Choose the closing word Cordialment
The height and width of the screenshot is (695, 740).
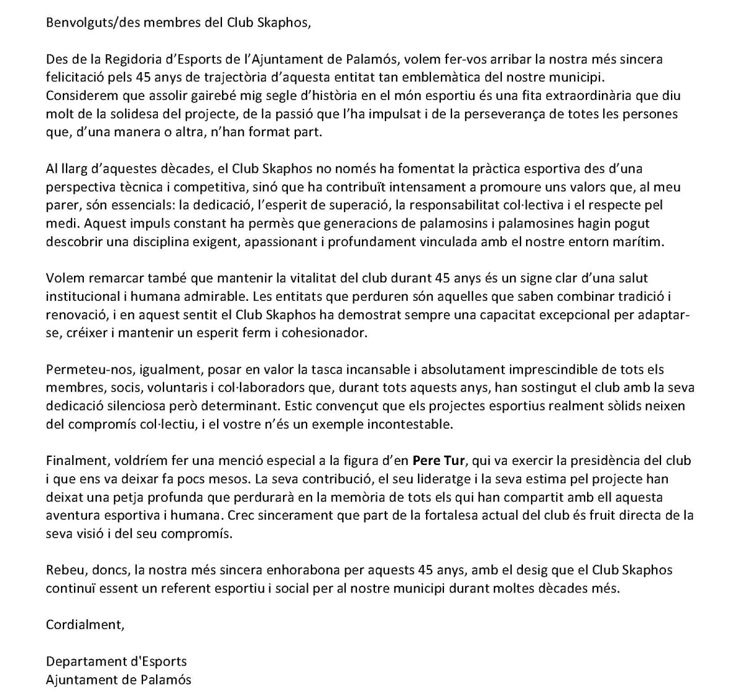(x=84, y=625)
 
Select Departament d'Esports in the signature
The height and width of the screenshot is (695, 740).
(x=116, y=662)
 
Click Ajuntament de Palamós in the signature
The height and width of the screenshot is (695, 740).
(x=118, y=680)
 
